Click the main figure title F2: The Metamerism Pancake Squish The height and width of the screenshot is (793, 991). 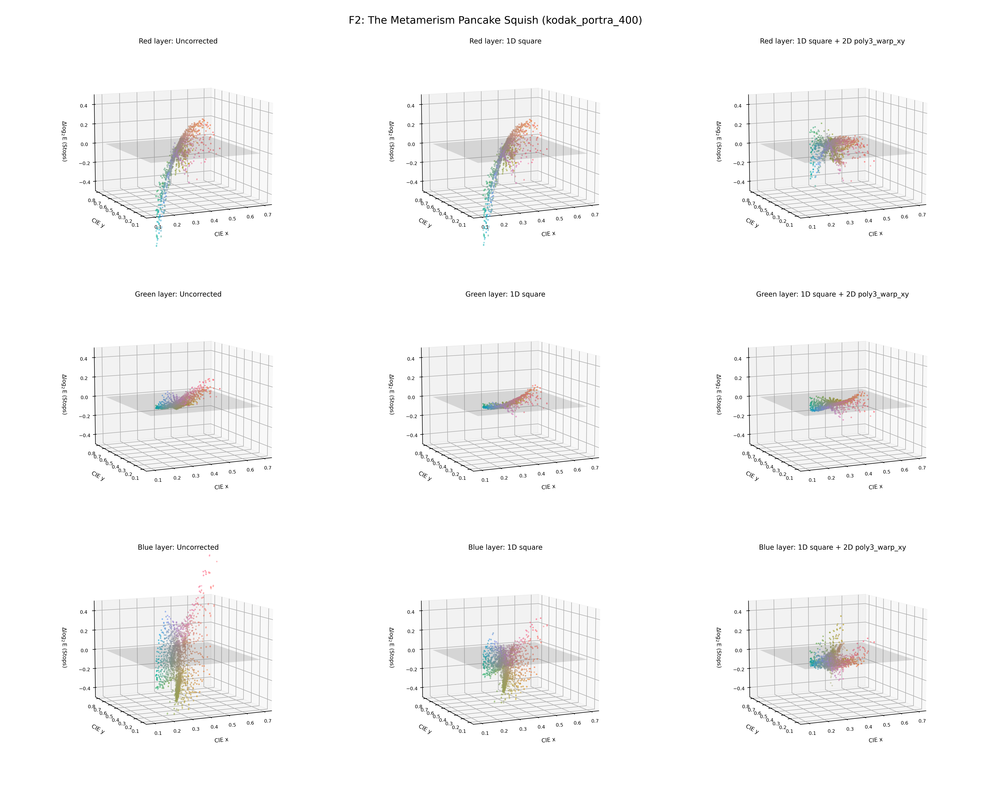495,20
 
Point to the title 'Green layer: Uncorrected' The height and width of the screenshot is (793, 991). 178,294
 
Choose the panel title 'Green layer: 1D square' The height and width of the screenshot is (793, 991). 505,294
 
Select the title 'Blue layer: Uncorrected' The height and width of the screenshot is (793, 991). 178,547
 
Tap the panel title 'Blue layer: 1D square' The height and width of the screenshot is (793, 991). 505,547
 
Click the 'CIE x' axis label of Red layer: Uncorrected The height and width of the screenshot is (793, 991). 221,234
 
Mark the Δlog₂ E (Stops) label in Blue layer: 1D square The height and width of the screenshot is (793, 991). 391,647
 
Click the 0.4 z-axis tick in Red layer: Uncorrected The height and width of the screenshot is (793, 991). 84,105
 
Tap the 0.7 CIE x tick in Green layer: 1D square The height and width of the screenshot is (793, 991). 595,468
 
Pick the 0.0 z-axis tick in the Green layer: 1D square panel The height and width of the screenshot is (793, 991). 411,397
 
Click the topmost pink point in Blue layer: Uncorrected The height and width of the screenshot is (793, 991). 209,555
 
